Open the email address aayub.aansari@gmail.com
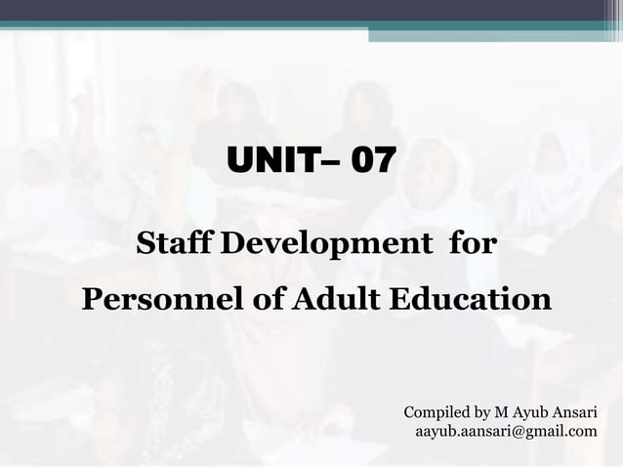506,430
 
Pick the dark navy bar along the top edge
311,10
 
